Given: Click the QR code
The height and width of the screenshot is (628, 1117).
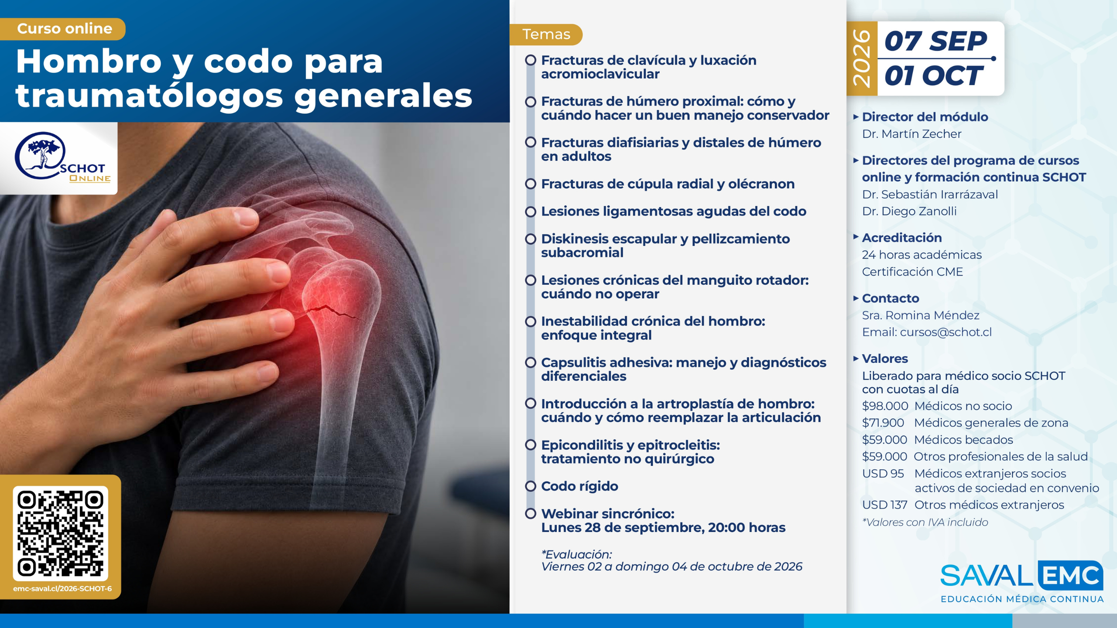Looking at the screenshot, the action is tap(60, 533).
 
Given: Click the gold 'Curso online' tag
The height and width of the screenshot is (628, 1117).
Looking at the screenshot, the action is tap(63, 29).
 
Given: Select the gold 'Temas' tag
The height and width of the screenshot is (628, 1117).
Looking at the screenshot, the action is tap(546, 34).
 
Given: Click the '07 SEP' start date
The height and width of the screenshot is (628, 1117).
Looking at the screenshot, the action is tap(935, 41).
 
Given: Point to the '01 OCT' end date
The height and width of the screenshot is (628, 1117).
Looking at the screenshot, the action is tap(934, 76).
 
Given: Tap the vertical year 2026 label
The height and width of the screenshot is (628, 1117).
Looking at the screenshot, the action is tap(862, 58).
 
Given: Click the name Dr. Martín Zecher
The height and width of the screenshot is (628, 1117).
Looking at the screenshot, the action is tap(911, 134).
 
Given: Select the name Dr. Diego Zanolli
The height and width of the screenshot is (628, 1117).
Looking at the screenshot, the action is tap(909, 211).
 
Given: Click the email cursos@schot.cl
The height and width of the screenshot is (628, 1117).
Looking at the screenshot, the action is tap(946, 332).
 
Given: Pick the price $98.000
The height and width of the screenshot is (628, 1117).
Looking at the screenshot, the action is tap(885, 406).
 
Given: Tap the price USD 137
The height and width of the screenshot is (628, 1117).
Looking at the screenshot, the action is tap(884, 505).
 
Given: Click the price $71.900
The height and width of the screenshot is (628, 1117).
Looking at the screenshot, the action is tap(883, 423).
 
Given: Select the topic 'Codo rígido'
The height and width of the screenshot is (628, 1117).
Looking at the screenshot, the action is tap(579, 486).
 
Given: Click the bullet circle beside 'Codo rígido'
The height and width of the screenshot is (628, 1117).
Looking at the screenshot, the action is tap(531, 486).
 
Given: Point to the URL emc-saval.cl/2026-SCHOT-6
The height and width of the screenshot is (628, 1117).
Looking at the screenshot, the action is tap(62, 589).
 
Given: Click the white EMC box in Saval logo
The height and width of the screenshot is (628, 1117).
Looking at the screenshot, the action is tap(1070, 576).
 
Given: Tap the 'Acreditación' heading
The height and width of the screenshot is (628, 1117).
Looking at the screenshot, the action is tap(901, 238).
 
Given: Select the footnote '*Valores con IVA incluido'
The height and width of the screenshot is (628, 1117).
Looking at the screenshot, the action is tap(925, 522).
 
